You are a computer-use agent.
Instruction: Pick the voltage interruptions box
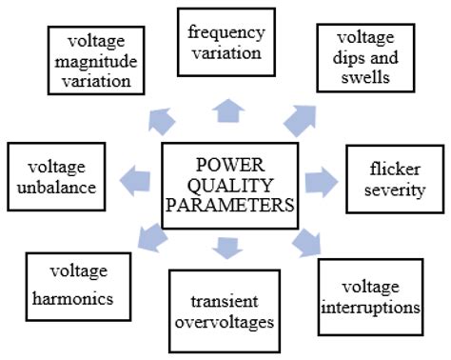[368, 296]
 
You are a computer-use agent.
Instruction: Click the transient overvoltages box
[225, 311]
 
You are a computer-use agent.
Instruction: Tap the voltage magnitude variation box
[95, 60]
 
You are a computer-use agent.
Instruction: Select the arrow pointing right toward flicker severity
[318, 178]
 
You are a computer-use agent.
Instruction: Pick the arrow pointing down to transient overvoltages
[226, 247]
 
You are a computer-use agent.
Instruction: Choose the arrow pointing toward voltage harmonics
[150, 236]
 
